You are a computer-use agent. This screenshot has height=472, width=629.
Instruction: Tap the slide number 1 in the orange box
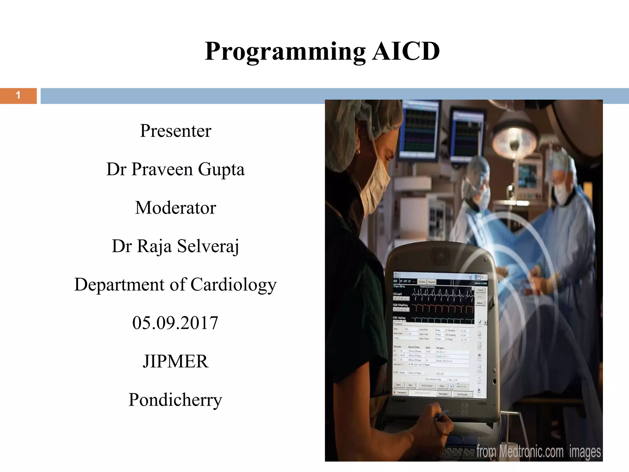tap(18, 96)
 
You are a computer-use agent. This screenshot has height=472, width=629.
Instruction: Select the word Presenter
tap(175, 131)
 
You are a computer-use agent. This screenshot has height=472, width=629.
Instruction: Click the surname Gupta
tap(221, 169)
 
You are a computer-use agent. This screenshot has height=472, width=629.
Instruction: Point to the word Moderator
tap(175, 208)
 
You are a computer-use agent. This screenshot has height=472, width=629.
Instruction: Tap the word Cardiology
tap(233, 285)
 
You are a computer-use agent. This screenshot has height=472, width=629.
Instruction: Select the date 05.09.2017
tap(175, 323)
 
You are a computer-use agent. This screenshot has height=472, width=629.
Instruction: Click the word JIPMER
tap(175, 361)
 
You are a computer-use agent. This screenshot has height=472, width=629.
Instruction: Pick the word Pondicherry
tap(175, 400)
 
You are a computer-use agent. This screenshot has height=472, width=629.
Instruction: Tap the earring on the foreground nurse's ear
tap(358, 151)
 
